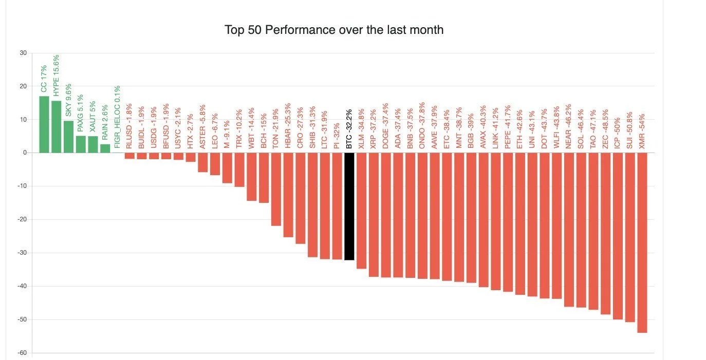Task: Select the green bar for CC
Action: (44, 124)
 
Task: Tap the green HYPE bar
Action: (56, 127)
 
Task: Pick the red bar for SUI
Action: (629, 236)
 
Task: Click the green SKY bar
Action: (68, 137)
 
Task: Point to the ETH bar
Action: (520, 223)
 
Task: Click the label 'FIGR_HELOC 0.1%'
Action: (117, 117)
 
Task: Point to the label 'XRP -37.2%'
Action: (374, 128)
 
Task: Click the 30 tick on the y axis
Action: (23, 53)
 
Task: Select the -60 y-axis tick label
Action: (22, 353)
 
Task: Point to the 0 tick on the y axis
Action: (25, 153)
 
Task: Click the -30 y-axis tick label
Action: (22, 253)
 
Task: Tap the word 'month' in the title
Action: (424, 30)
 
